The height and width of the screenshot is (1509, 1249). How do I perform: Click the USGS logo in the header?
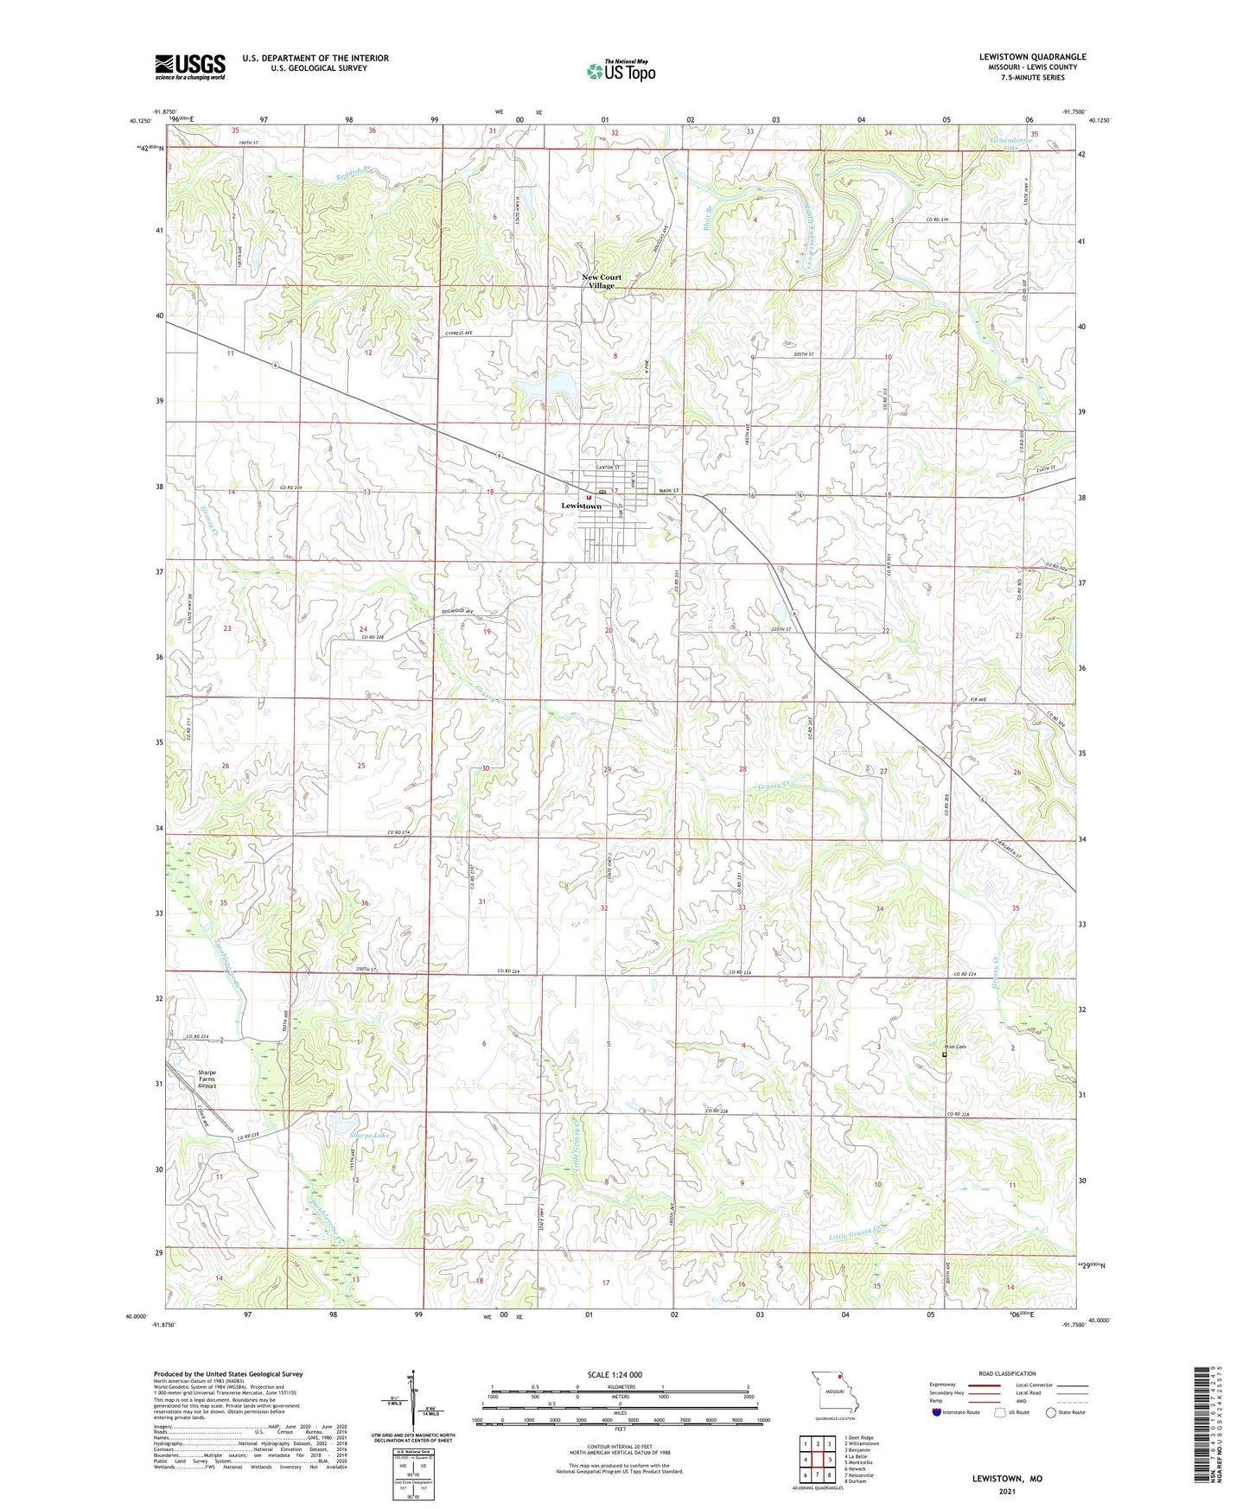(x=189, y=66)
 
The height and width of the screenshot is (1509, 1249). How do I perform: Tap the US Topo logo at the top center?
(x=621, y=71)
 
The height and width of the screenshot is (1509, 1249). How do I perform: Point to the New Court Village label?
(x=601, y=282)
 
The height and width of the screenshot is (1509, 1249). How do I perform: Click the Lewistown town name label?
(x=581, y=506)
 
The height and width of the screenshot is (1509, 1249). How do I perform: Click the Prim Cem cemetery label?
(x=954, y=1047)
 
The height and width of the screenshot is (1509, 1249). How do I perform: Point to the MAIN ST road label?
(x=671, y=491)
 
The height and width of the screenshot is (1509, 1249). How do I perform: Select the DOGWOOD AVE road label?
(x=458, y=612)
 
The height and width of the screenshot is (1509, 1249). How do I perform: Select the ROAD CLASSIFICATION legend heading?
(x=1007, y=1373)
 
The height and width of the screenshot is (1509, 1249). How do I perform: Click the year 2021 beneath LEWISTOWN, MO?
(x=1007, y=1491)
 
